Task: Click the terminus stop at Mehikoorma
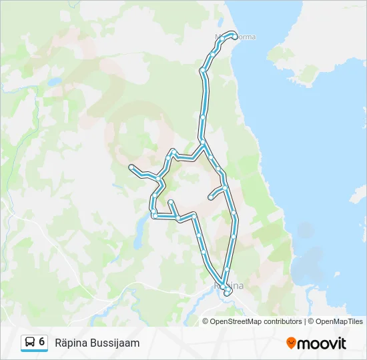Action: point(235,37)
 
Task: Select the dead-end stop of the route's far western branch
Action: point(131,166)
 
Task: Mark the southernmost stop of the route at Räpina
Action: point(227,293)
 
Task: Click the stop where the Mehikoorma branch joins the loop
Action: point(202,142)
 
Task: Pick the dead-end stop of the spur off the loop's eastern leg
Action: point(211,197)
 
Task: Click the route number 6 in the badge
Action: point(42,341)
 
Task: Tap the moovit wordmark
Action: point(322,343)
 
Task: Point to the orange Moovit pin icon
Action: point(292,343)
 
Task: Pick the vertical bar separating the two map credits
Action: point(305,321)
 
